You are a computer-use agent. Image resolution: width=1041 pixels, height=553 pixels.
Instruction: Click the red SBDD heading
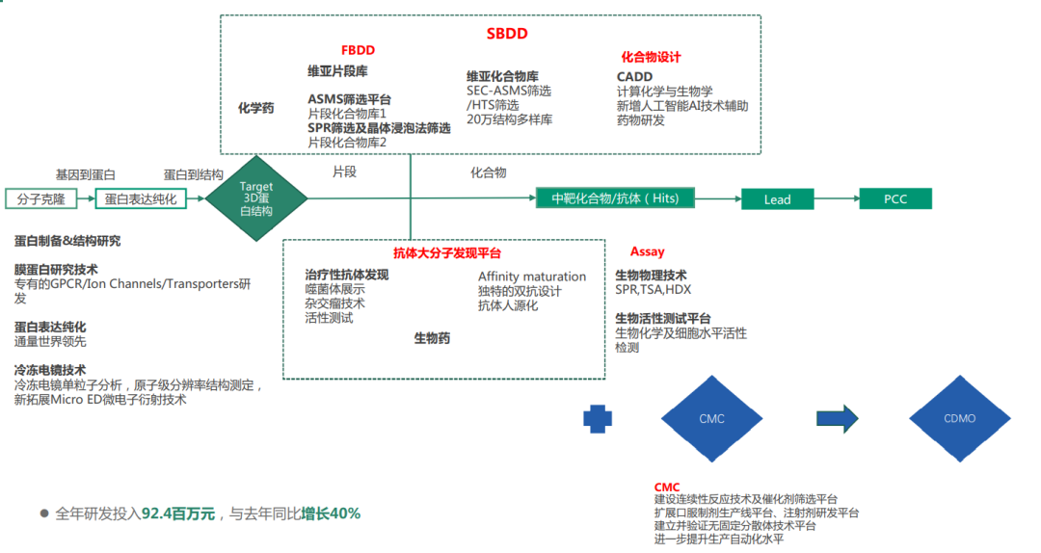506,34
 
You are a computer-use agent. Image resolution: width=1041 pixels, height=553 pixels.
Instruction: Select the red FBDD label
358,49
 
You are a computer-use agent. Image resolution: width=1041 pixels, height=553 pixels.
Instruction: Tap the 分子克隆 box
41,199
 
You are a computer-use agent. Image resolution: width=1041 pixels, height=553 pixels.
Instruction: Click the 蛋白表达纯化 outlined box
141,199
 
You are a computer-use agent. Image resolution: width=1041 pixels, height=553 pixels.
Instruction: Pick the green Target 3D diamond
256,199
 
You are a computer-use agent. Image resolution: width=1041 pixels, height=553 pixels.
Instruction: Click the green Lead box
777,199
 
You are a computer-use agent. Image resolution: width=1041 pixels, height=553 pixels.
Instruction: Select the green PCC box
895,198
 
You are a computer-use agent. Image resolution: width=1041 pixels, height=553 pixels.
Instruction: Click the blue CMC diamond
711,419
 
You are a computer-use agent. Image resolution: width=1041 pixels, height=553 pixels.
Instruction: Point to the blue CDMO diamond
959,419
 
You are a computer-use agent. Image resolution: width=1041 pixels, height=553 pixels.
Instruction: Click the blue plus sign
598,418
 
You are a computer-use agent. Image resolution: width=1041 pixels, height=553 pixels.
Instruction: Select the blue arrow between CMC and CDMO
837,418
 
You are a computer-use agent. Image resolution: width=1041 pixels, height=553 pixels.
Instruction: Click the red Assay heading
647,252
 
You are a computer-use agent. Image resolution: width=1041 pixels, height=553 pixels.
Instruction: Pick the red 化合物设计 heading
651,58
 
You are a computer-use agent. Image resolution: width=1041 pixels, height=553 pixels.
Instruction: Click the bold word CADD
634,77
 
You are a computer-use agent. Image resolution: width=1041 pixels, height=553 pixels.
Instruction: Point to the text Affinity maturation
531,276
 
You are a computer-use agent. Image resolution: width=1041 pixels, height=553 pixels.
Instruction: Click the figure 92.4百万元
178,513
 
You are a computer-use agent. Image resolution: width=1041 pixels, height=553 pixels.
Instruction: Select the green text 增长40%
331,513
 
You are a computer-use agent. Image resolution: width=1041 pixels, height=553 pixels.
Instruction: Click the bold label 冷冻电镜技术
50,370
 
